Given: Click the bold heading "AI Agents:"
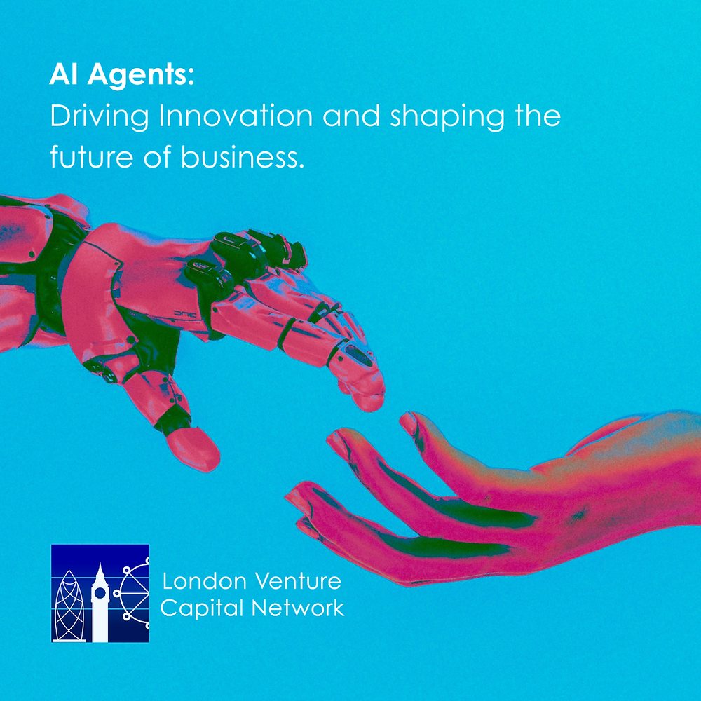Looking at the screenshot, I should (x=121, y=76).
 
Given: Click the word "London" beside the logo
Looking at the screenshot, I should (x=204, y=581).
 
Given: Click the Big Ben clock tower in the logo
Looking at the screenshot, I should (x=100, y=601).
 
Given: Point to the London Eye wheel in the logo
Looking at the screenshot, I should (x=135, y=592).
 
